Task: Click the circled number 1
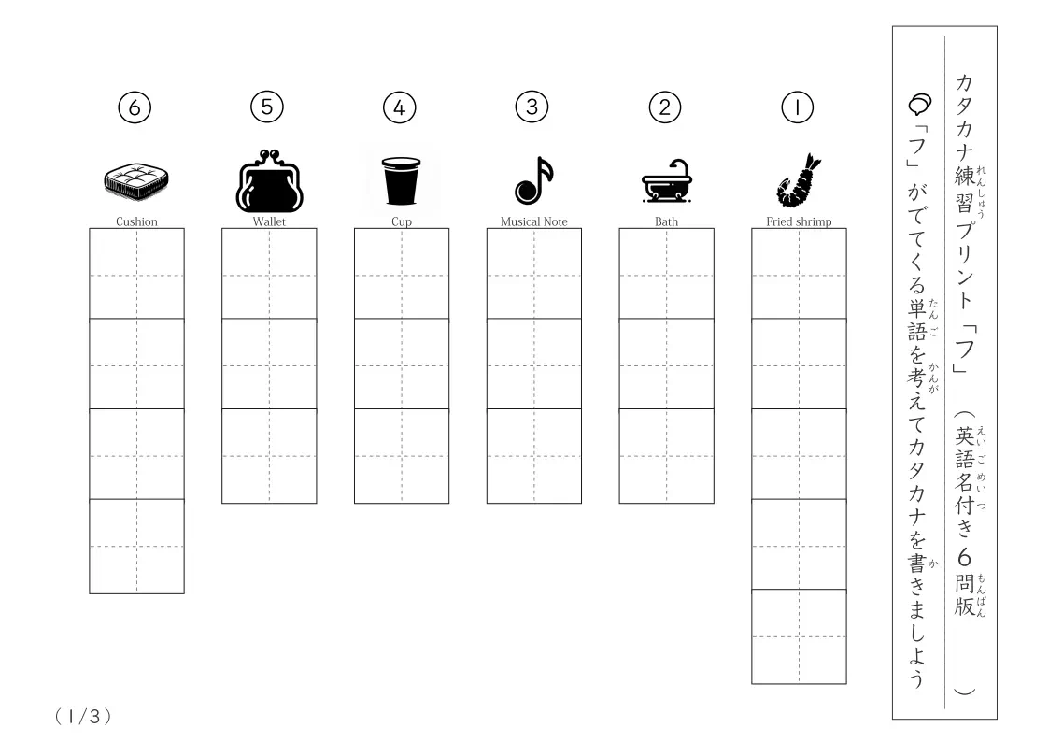coord(798,107)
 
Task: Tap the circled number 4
coord(400,107)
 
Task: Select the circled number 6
coord(135,107)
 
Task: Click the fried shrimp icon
coord(799,180)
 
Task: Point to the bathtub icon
coord(667,180)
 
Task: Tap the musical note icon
coord(534,180)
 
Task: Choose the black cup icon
coord(401,180)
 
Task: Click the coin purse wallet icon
coord(270,180)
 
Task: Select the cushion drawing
coord(136,181)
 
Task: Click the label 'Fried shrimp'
coord(799,221)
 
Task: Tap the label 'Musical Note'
coord(534,221)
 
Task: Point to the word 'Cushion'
coord(136,221)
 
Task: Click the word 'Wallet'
coord(269,221)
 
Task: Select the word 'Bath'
coord(666,221)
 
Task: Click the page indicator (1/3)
coord(83,717)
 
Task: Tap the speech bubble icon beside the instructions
coord(920,104)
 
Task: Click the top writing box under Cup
coord(402,274)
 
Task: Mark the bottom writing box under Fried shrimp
coord(799,636)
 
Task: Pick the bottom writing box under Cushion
coord(136,546)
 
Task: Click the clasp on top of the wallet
coord(269,155)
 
